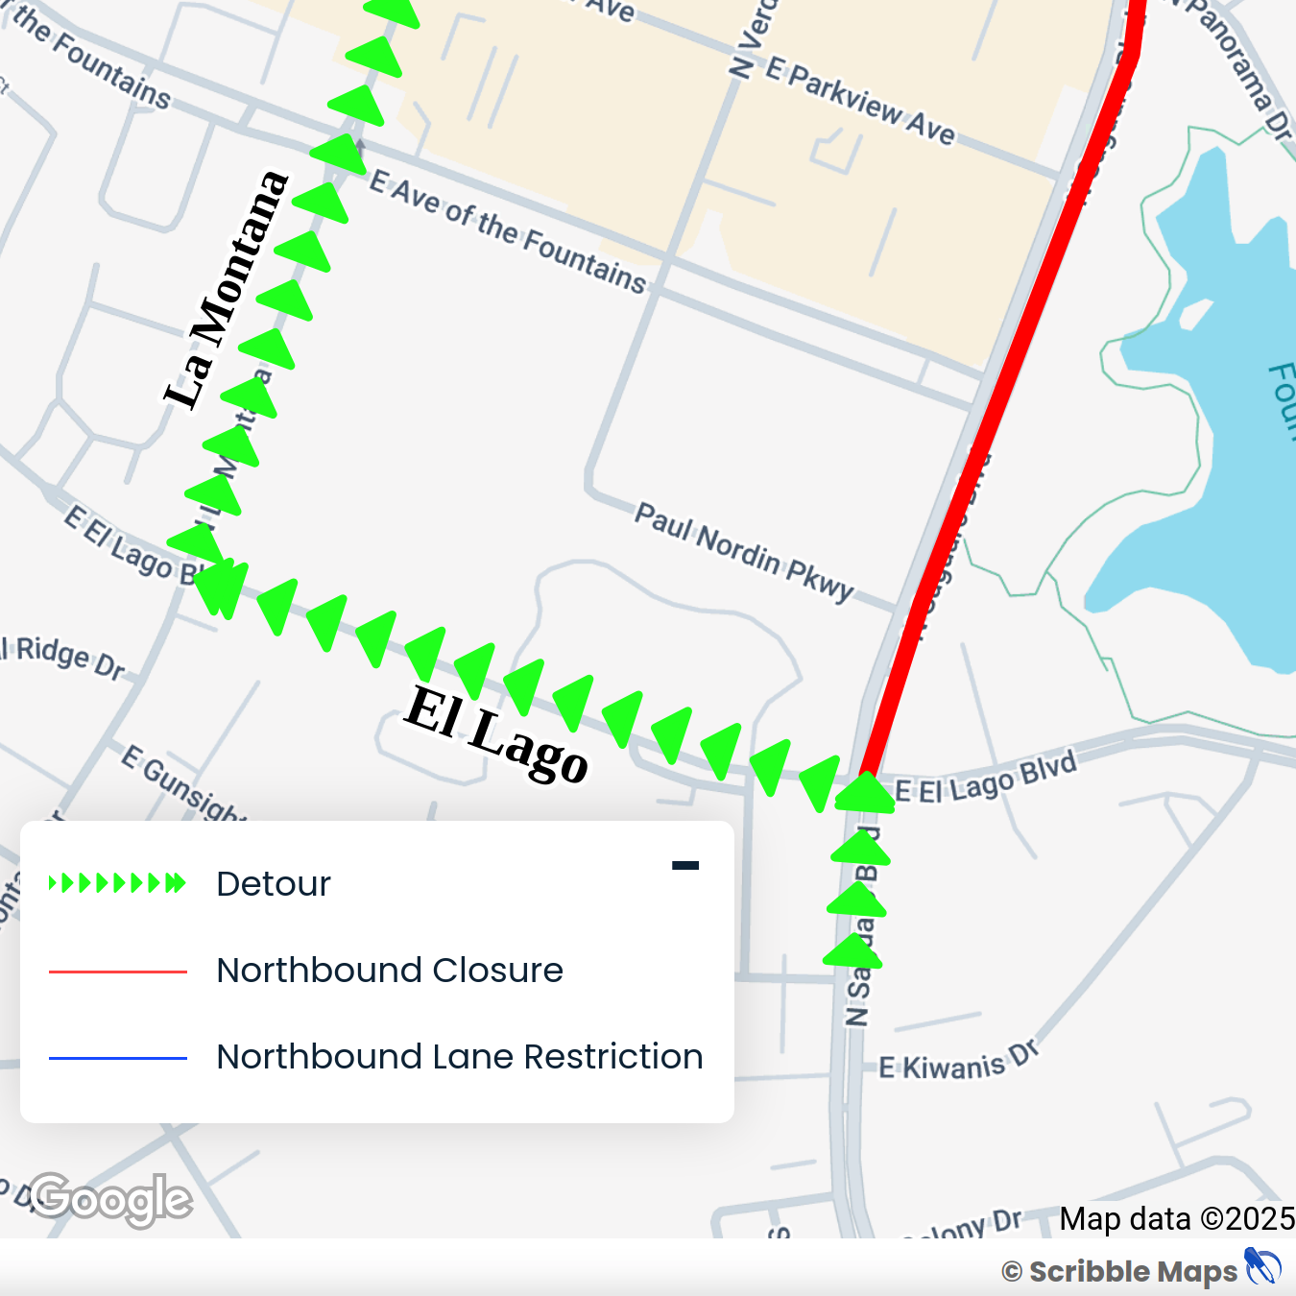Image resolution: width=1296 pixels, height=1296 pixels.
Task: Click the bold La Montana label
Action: [x=227, y=290]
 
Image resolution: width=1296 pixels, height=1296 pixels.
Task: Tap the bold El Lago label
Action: [x=495, y=733]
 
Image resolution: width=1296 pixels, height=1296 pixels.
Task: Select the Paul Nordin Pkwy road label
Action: [x=744, y=552]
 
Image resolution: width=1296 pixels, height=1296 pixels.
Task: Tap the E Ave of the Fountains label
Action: [x=508, y=230]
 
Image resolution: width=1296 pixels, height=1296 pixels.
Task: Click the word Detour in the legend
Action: [x=274, y=883]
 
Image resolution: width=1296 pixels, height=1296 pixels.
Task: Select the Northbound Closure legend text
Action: [x=390, y=970]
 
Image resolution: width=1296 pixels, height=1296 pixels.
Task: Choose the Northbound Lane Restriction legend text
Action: [x=460, y=1056]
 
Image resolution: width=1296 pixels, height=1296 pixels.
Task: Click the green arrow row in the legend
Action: [x=117, y=883]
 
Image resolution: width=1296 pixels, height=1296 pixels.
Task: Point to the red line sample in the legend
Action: [x=117, y=972]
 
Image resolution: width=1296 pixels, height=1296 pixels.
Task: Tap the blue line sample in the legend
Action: [x=117, y=1058]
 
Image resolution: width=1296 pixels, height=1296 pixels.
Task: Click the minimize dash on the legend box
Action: [x=685, y=865]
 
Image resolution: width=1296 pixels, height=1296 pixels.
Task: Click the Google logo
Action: [x=110, y=1199]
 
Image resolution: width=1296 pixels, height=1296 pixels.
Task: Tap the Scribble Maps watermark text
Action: [x=1133, y=1272]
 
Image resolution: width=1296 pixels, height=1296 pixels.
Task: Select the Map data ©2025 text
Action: [x=1177, y=1219]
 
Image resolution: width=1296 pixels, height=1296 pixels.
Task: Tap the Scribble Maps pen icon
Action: [x=1262, y=1266]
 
